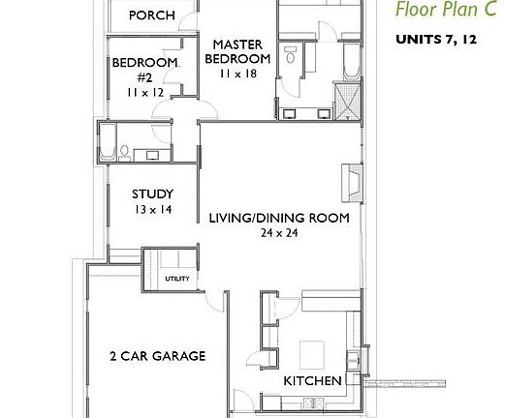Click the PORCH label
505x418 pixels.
151,15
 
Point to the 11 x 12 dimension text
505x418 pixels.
144,92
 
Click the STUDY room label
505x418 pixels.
152,193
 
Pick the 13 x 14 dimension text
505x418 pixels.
152,209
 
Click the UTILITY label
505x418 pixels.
176,279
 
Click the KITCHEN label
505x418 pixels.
311,381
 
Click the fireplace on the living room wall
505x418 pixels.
351,180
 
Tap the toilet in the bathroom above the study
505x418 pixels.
124,151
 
